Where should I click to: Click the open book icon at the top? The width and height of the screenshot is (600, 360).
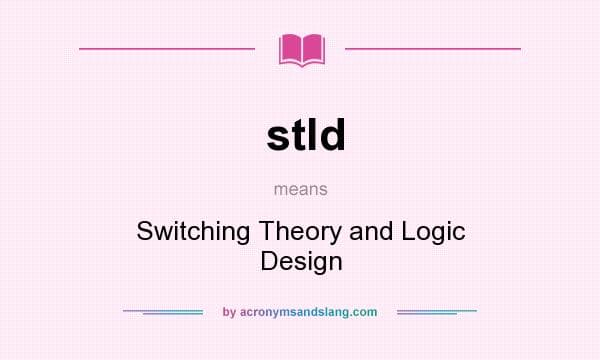[301, 49]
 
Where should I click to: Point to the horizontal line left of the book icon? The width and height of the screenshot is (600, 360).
[167, 48]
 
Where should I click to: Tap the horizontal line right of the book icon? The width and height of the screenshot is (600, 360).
[432, 48]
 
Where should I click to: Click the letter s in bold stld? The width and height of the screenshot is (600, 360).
[279, 136]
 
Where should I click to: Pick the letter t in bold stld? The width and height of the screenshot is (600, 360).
[299, 134]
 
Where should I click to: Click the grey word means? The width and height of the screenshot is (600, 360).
[300, 187]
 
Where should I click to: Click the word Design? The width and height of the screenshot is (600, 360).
[301, 261]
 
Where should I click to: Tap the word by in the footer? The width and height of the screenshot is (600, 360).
[229, 312]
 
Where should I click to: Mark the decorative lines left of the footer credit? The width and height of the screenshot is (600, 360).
[163, 312]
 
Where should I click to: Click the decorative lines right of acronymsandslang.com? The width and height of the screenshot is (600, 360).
[437, 312]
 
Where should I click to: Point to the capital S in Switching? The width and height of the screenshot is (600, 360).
[144, 231]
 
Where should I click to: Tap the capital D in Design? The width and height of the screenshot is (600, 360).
[267, 261]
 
